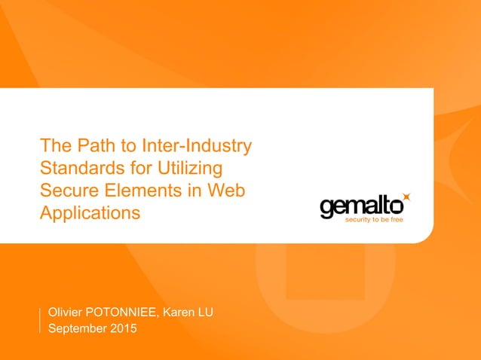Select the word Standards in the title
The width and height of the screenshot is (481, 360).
point(78,167)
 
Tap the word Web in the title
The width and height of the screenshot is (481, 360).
point(226,190)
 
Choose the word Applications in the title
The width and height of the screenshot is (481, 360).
point(90,213)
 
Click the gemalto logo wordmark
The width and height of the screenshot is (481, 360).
point(360,206)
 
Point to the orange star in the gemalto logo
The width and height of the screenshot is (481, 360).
point(407,197)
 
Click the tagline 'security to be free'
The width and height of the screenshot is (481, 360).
point(375,221)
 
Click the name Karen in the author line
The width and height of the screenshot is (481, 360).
point(188,312)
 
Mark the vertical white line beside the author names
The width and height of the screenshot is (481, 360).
point(39,319)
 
